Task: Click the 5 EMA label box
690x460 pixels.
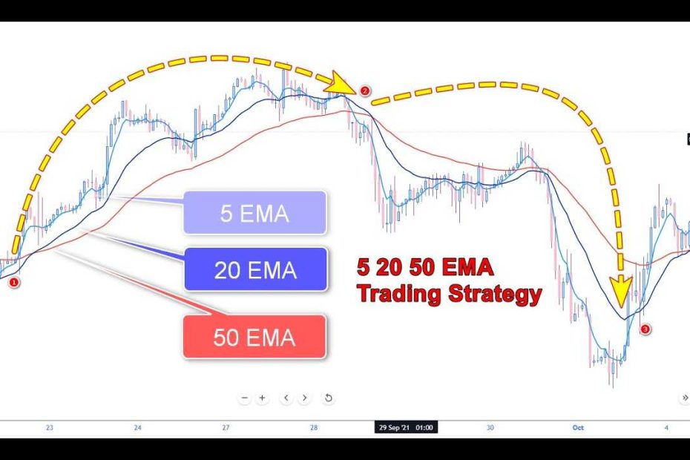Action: tap(254, 213)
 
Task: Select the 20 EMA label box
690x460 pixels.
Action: tap(256, 269)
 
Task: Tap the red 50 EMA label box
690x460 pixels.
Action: tap(254, 337)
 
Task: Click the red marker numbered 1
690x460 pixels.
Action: tap(14, 282)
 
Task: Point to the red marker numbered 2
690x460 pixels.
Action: tap(365, 91)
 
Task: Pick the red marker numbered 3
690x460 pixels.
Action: tap(645, 329)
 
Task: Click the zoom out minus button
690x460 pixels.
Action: tap(245, 398)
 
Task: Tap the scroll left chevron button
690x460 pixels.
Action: tap(286, 398)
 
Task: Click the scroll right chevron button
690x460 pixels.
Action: tap(304, 398)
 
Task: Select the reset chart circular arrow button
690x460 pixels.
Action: tap(328, 398)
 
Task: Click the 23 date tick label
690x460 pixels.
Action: tap(49, 427)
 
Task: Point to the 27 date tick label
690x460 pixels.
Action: tap(226, 427)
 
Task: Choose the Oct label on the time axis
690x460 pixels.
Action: tap(578, 427)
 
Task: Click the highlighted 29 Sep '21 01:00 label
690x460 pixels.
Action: tap(406, 427)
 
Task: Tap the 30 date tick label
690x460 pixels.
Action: tap(490, 427)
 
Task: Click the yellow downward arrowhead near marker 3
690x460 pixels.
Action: tap(621, 292)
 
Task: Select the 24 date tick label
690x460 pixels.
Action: tap(138, 427)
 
